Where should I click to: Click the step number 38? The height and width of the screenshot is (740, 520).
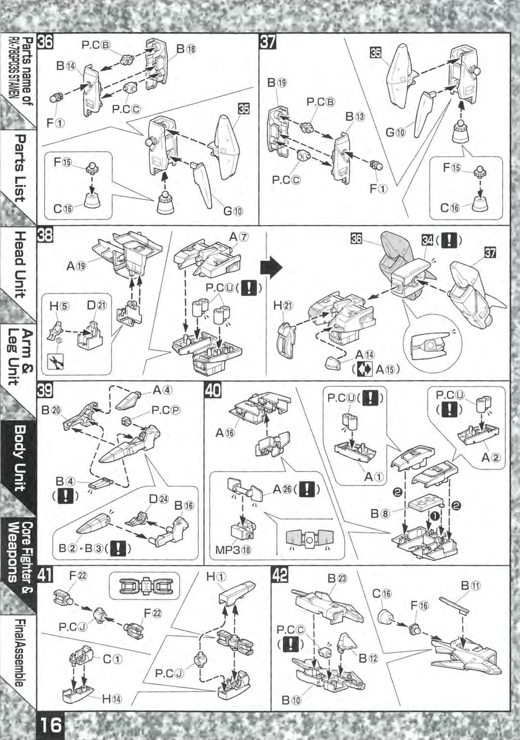point(45,235)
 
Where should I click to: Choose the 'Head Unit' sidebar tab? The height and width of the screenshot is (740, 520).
point(19,264)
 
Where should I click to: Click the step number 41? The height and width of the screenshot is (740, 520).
point(45,576)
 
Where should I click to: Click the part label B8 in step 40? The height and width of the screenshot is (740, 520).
point(380,514)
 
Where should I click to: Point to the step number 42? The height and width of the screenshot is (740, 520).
point(280,576)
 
